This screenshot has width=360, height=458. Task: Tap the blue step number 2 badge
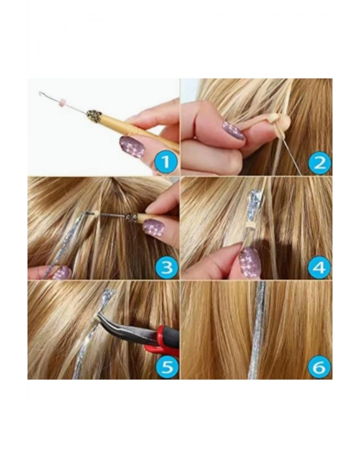320,162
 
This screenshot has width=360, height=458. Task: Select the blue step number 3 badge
166,267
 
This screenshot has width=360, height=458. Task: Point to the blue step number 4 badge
320,267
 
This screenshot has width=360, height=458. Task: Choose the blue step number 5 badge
166,367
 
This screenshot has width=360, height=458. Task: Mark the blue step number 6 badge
320,367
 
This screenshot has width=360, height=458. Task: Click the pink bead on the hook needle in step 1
62,103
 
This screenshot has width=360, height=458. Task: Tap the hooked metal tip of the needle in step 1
41,94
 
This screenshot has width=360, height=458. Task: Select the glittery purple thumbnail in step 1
132,147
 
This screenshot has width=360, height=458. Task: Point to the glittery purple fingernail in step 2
233,130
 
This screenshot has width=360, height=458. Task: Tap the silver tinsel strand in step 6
257,330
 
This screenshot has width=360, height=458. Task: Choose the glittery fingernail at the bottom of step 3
61,273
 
